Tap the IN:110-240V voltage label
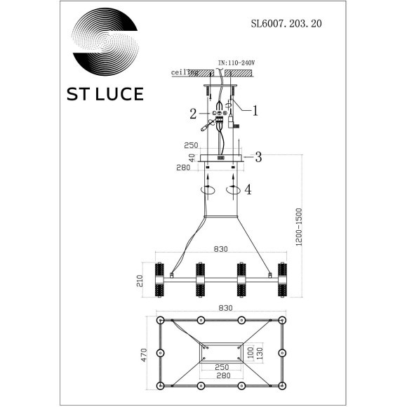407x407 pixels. click(x=236, y=62)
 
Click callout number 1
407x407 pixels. click(x=256, y=109)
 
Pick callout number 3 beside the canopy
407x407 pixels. click(x=258, y=157)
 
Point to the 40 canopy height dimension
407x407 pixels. click(x=189, y=158)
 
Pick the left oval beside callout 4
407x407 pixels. click(x=208, y=190)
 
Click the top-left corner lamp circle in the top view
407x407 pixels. click(x=160, y=320)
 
